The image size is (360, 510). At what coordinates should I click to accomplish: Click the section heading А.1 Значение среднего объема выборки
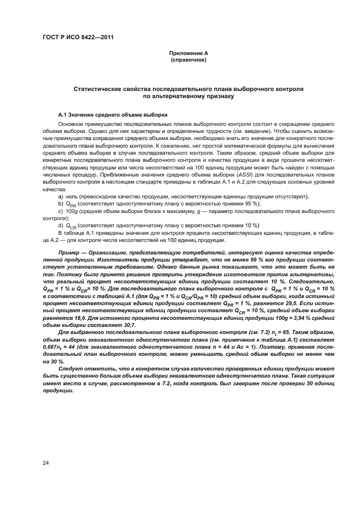coord(113,116)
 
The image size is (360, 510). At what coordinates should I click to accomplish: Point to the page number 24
coord(46,463)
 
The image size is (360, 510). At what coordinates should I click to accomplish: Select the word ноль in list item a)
coord(71,196)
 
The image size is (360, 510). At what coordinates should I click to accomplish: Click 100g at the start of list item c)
coord(72,210)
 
